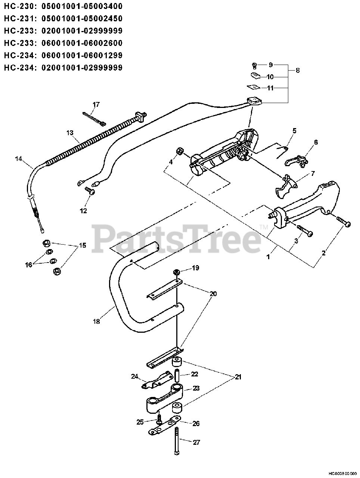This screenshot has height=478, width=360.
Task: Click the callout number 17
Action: (x=96, y=104)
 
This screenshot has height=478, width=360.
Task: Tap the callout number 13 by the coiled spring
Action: (x=70, y=133)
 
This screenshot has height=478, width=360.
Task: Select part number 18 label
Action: (x=96, y=321)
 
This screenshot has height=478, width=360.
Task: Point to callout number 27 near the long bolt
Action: (x=196, y=442)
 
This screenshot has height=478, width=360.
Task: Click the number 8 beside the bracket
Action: (x=297, y=71)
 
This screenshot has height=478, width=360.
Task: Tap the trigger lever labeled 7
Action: (x=285, y=187)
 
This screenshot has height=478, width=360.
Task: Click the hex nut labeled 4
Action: (x=179, y=152)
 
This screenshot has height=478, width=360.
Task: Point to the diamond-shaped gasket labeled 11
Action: (x=254, y=87)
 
